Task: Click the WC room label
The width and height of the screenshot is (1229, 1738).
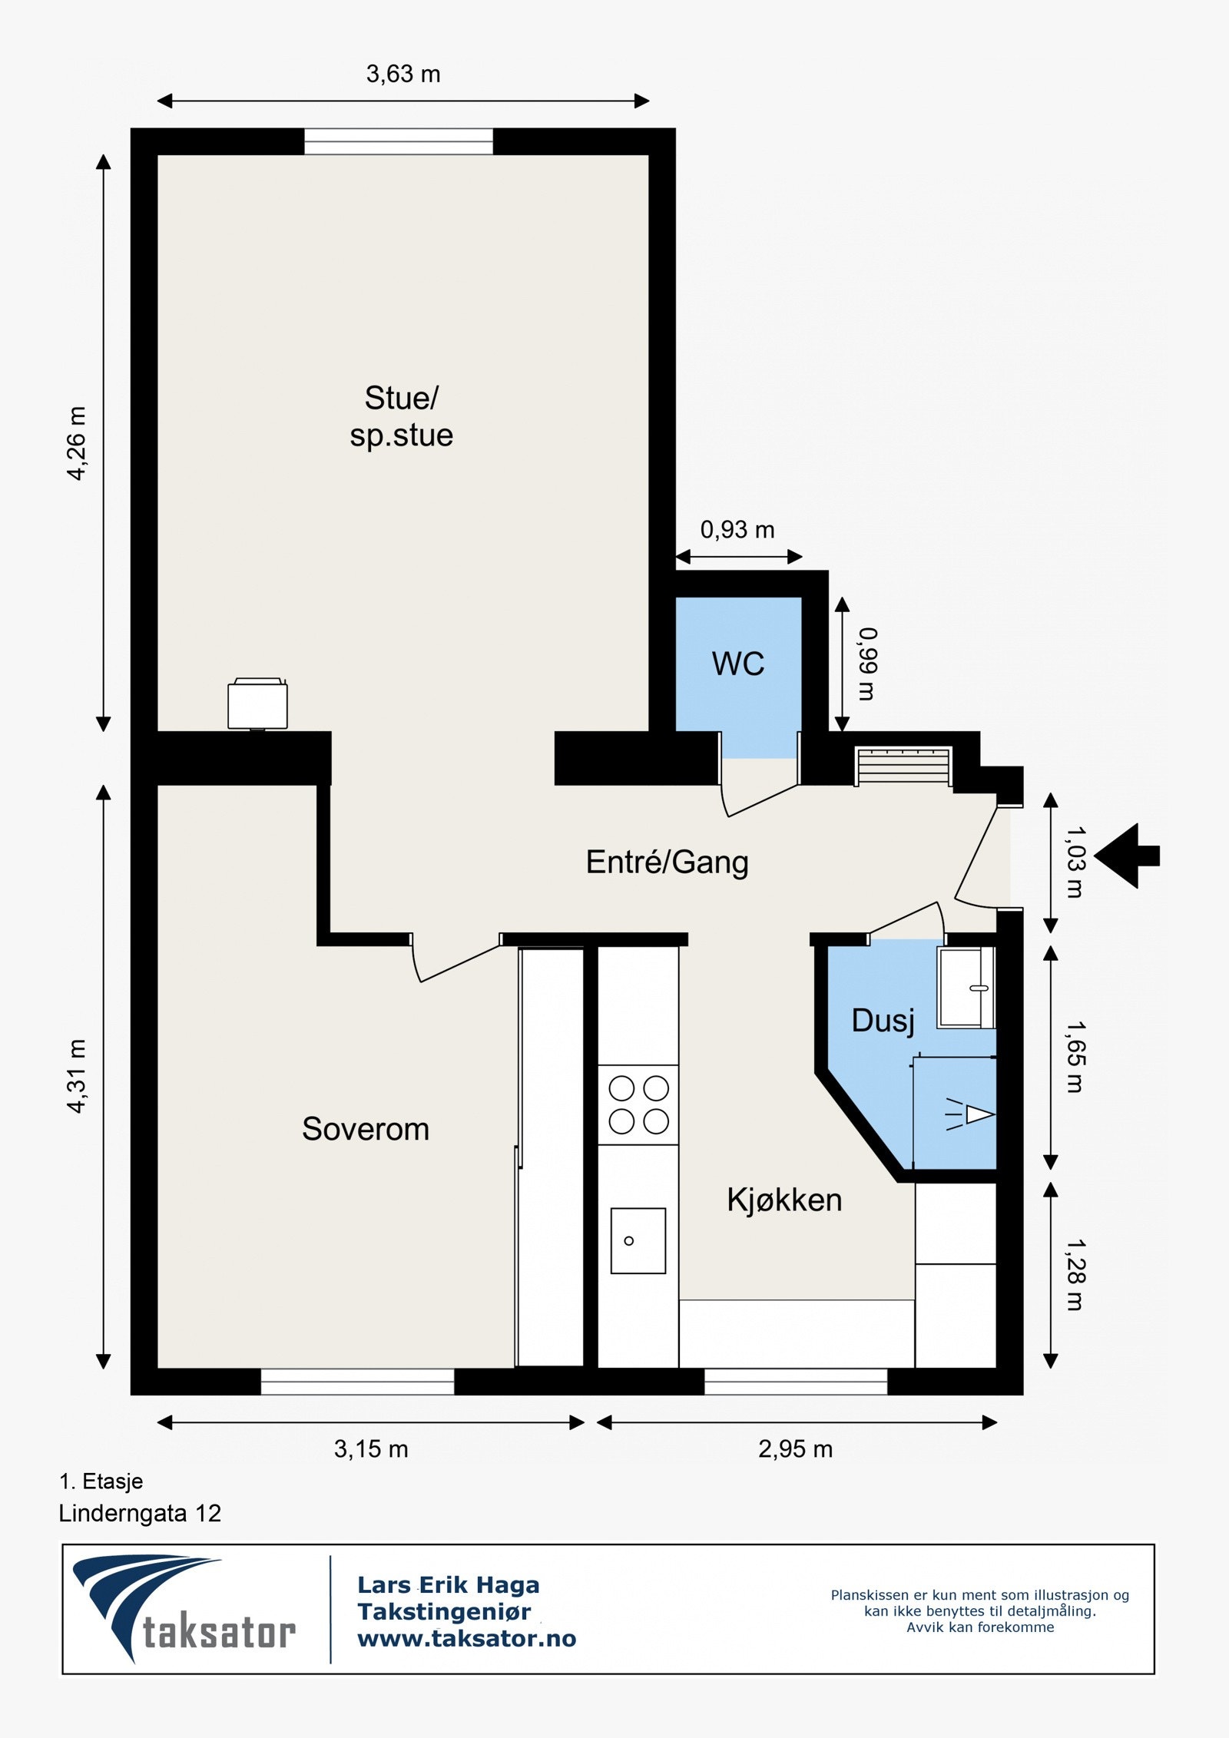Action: [x=738, y=664]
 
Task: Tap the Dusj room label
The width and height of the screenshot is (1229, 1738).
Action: [x=883, y=1021]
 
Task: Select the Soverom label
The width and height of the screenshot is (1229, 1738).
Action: [x=366, y=1130]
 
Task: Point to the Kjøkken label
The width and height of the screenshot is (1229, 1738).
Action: [x=784, y=1200]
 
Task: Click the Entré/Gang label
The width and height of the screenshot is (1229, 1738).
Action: [x=668, y=862]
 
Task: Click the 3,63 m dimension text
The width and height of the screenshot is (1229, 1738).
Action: [x=403, y=74]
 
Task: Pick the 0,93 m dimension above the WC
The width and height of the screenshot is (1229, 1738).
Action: [x=737, y=530]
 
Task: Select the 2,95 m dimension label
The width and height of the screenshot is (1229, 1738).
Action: [x=796, y=1449]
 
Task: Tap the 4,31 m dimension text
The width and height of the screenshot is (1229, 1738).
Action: [x=77, y=1076]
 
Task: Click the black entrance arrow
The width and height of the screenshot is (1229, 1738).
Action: [x=1127, y=856]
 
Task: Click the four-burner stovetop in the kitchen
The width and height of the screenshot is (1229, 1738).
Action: [x=638, y=1104]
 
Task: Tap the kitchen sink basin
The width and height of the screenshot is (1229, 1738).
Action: [x=638, y=1241]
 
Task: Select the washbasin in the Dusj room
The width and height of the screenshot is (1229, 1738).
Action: [x=966, y=988]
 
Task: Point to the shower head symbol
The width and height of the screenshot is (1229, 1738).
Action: [x=970, y=1114]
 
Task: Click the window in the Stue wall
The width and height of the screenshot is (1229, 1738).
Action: [x=399, y=142]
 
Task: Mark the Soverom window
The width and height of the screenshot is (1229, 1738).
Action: [x=357, y=1382]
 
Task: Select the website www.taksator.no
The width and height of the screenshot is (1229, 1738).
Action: [x=467, y=1638]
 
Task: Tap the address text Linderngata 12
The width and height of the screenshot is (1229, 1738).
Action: [x=140, y=1514]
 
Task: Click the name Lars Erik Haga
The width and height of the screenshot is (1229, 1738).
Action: [x=449, y=1584]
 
